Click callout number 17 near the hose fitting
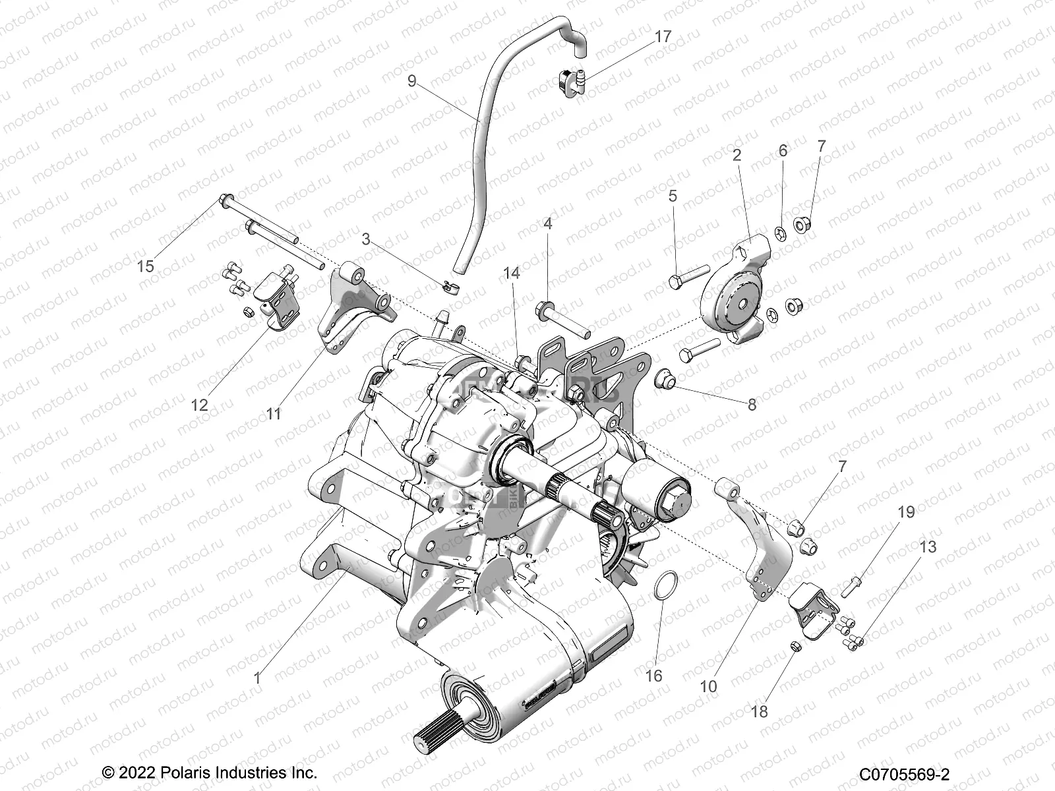[662, 38]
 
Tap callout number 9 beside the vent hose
[411, 81]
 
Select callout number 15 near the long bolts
[145, 266]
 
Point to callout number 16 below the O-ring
[653, 676]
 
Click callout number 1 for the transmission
[257, 677]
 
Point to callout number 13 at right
[928, 546]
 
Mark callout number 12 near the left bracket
[199, 405]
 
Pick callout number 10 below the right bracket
[708, 686]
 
